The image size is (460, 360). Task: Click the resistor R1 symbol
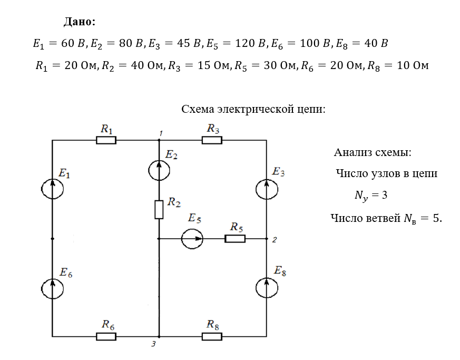(106, 140)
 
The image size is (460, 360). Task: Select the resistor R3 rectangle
(212, 140)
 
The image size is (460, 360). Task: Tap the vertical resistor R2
(159, 209)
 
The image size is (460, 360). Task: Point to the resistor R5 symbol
(235, 239)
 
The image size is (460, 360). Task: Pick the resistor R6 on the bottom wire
(106, 336)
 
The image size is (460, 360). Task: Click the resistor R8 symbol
(212, 336)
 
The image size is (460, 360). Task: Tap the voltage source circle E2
(159, 170)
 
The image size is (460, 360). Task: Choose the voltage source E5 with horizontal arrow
(192, 239)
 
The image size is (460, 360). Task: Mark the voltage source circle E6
(53, 287)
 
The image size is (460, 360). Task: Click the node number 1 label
(161, 133)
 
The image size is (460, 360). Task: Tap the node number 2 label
(274, 240)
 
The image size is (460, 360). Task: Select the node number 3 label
(153, 344)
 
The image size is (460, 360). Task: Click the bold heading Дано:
(80, 22)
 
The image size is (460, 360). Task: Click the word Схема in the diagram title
(198, 110)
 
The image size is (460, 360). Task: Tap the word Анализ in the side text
(353, 153)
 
